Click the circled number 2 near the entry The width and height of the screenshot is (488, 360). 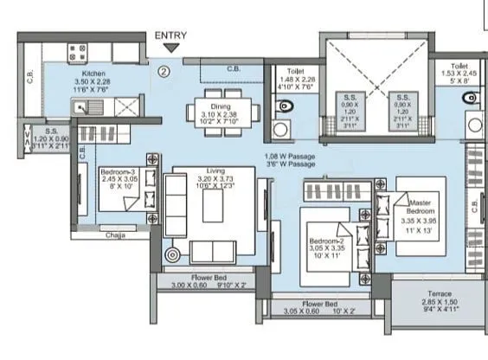click(163, 72)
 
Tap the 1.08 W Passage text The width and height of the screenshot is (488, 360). click(291, 157)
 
